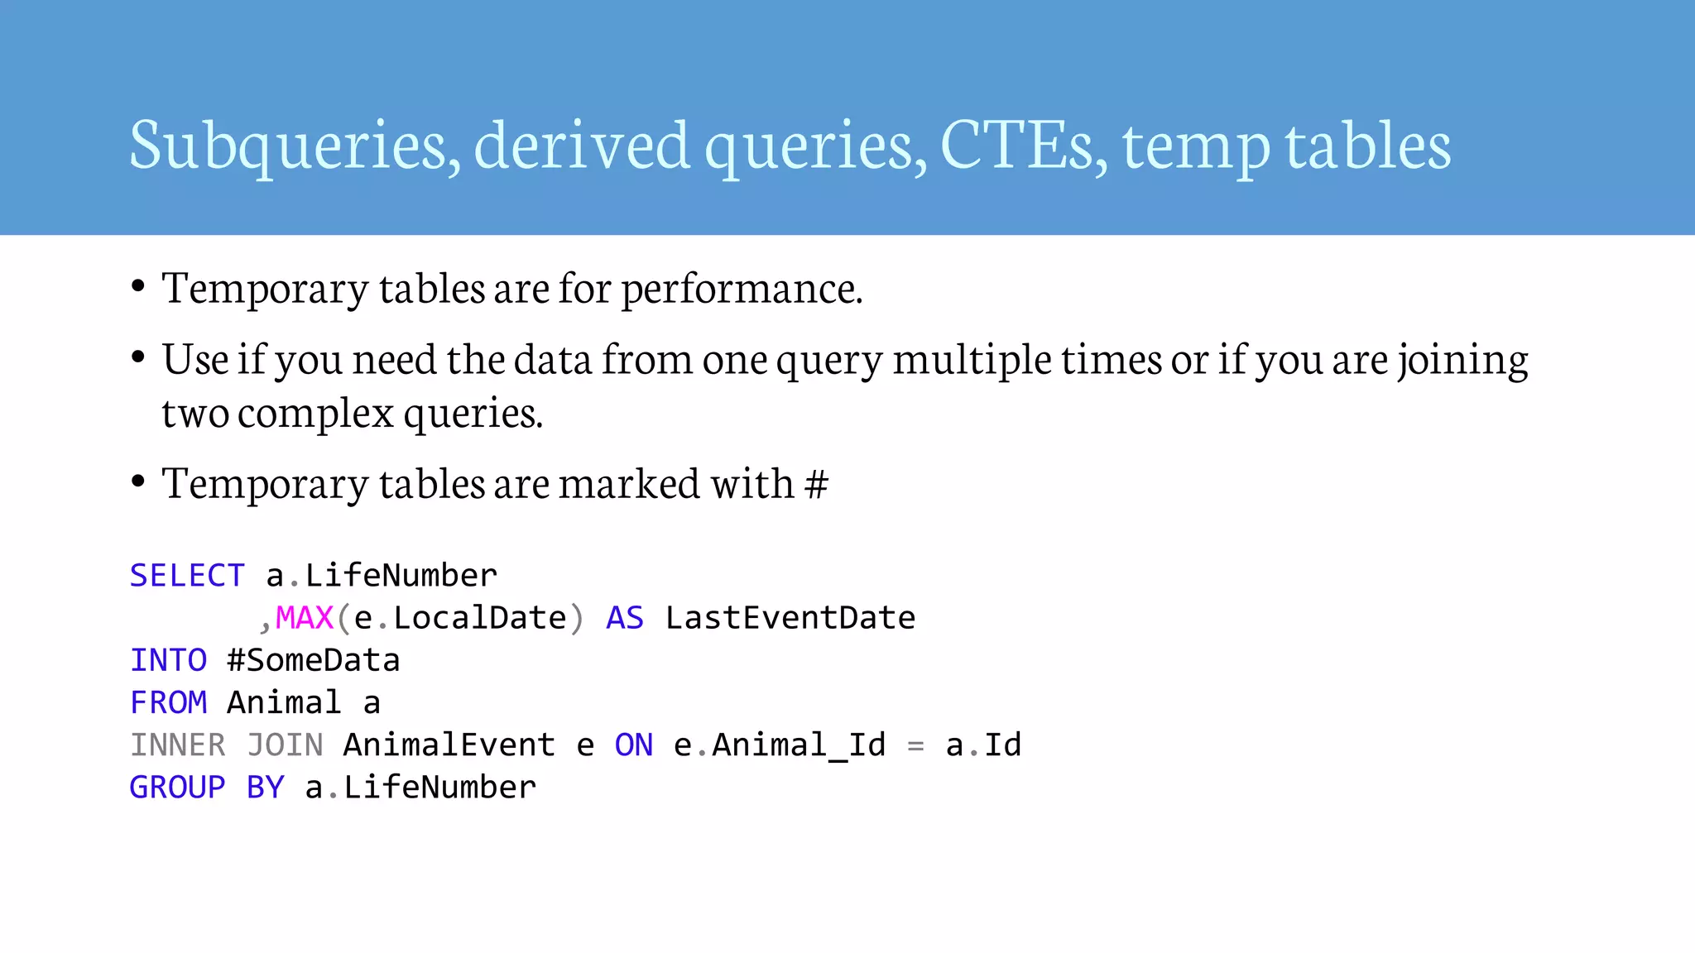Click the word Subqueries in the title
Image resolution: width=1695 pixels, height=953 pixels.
pos(294,146)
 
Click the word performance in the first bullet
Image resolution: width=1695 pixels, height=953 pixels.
pos(742,289)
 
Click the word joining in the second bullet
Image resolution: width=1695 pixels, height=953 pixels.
pos(1462,360)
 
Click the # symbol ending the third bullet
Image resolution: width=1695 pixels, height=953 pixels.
pos(816,484)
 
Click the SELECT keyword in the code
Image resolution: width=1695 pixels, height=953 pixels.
pos(187,576)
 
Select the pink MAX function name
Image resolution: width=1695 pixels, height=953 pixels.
pos(304,618)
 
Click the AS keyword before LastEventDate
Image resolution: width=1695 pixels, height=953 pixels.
pos(625,618)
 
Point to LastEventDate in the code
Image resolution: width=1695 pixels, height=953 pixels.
pos(790,618)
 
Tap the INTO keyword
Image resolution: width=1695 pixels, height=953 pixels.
pos(168,660)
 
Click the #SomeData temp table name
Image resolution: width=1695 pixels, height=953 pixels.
pos(314,660)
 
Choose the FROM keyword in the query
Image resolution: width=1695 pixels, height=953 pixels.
pos(168,703)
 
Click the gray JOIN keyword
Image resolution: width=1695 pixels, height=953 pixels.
pos(285,745)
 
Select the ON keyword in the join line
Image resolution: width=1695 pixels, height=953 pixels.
pos(634,745)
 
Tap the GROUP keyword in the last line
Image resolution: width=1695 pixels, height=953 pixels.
pos(177,788)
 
